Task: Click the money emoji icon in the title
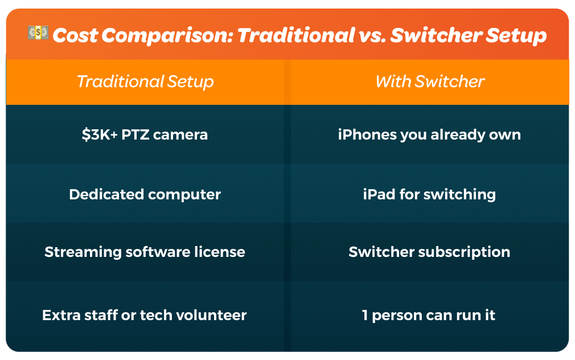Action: pyautogui.click(x=38, y=32)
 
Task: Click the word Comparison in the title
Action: pyautogui.click(x=167, y=35)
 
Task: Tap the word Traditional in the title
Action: pyautogui.click(x=296, y=35)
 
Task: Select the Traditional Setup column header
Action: pyautogui.click(x=145, y=81)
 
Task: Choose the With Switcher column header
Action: pyautogui.click(x=430, y=81)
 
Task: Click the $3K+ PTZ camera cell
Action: pyautogui.click(x=145, y=134)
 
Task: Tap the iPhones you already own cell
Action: pyautogui.click(x=430, y=134)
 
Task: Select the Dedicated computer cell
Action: pyautogui.click(x=145, y=194)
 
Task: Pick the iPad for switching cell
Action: pyautogui.click(x=430, y=194)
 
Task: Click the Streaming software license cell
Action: pyautogui.click(x=145, y=252)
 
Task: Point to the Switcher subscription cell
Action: pyautogui.click(x=430, y=252)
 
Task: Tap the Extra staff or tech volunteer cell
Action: pyautogui.click(x=145, y=315)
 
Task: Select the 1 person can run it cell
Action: pyautogui.click(x=430, y=315)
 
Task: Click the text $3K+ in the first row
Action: pyautogui.click(x=100, y=134)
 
